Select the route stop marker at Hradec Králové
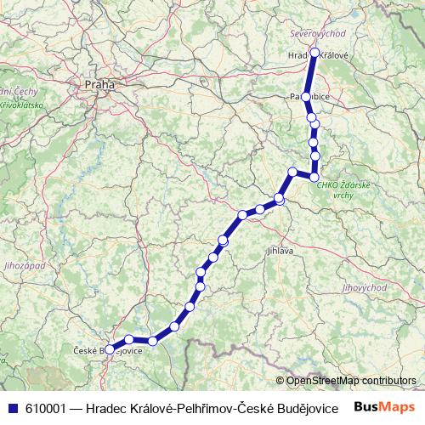tap(315, 53)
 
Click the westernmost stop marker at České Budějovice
tap(109, 349)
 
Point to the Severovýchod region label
tap(318, 33)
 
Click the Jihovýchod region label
tap(365, 288)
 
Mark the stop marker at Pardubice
tap(306, 97)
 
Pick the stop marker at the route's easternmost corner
tap(315, 177)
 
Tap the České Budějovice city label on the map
tap(107, 349)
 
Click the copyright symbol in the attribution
tap(280, 381)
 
